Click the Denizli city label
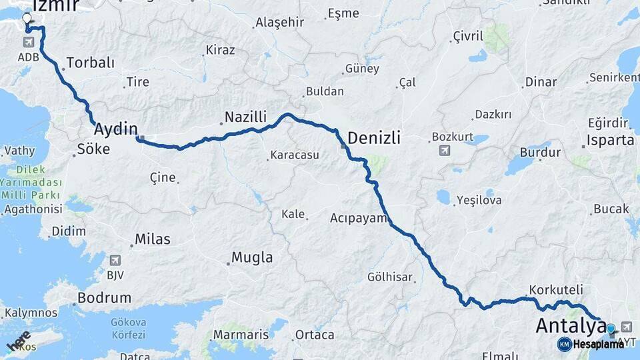pos(374,138)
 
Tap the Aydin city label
pos(116,129)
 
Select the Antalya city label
pos(571,327)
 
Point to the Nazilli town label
pos(245,117)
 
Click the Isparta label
pos(610,140)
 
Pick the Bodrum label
pos(104,297)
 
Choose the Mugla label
pos(251,257)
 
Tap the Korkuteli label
pos(555,290)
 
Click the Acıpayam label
pos(358,218)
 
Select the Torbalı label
pos(90,63)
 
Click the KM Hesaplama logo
pos(591,344)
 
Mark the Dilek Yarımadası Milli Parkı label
pos(31,182)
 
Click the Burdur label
pos(540,153)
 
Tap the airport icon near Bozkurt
pos(444,151)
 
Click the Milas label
pos(152,239)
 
